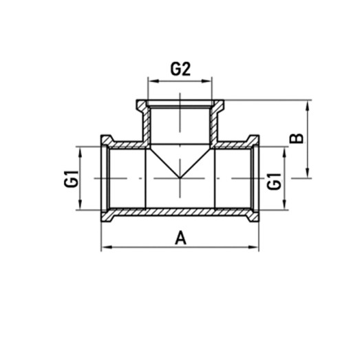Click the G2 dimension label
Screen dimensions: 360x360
[x=180, y=69]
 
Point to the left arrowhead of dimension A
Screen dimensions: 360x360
[x=105, y=247]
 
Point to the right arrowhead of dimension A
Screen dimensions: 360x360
[x=255, y=247]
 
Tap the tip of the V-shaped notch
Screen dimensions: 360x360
[x=180, y=177]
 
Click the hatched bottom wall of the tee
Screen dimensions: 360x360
[x=180, y=211]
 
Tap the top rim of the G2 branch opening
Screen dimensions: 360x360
[x=180, y=103]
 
